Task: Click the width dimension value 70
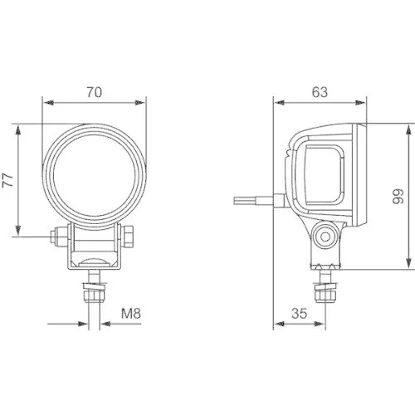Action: pyautogui.click(x=94, y=92)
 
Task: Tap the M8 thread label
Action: pyautogui.click(x=131, y=314)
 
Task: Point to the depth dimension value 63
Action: pyautogui.click(x=320, y=92)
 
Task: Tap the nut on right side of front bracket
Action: pyautogui.click(x=131, y=237)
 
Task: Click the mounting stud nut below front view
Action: pyautogui.click(x=94, y=290)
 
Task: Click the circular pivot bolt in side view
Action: pyautogui.click(x=325, y=235)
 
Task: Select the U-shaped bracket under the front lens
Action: pyautogui.click(x=94, y=249)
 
